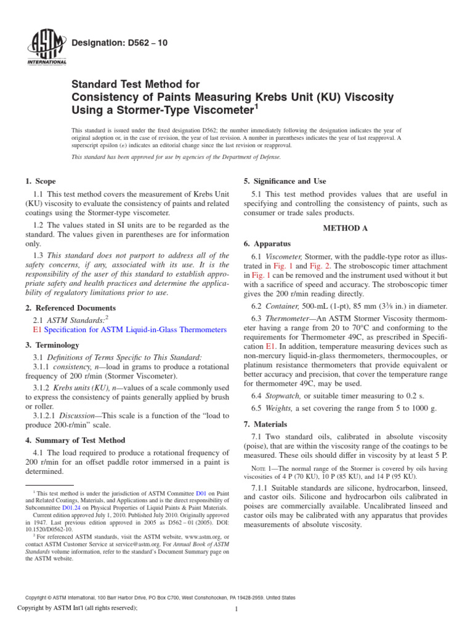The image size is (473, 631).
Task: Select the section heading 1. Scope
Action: [41, 181]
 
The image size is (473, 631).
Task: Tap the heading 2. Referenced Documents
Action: [70, 307]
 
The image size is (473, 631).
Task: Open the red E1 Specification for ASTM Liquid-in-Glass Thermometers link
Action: [129, 330]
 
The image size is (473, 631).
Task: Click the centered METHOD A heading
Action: [346, 228]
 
